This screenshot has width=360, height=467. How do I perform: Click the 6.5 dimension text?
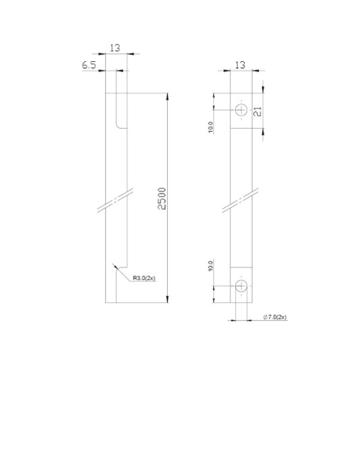click(x=89, y=66)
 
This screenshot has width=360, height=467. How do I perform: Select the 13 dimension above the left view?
click(x=115, y=48)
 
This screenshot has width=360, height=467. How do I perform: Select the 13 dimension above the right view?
click(x=240, y=64)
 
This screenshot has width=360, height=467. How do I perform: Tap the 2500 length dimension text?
click(x=162, y=199)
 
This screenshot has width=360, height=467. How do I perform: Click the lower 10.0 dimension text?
click(x=211, y=267)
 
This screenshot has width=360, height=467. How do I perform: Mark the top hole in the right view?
click(x=241, y=109)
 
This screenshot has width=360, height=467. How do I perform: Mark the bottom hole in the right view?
click(x=241, y=286)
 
